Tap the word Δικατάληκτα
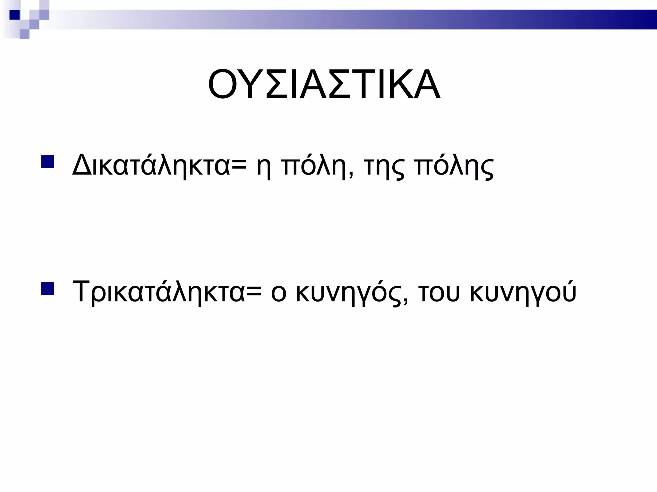(151, 165)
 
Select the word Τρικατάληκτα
(159, 291)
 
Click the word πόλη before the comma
(316, 166)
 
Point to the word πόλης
(454, 166)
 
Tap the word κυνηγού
(523, 292)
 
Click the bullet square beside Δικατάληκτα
(47, 162)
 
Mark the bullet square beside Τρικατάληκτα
(47, 288)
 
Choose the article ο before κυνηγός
(278, 293)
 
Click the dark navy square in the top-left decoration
(14, 15)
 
